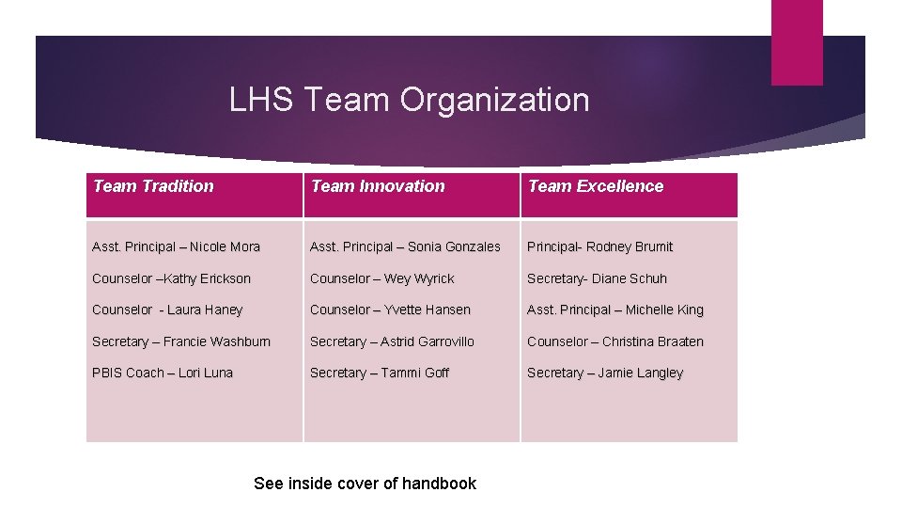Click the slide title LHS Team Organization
410,100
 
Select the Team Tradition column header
153,186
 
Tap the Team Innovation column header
378,186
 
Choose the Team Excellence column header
596,186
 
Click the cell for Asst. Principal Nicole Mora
177,246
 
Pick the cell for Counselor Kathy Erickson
172,278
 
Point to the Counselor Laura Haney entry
167,310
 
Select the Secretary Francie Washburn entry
181,341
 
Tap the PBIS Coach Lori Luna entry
163,373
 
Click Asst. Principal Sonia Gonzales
405,246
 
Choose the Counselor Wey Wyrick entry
382,278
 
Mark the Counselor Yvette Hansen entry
390,310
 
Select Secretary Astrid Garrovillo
392,341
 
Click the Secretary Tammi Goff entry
380,373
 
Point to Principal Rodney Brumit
600,246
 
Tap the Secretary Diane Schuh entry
598,278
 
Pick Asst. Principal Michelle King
615,310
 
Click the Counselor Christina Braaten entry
615,341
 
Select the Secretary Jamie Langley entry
605,373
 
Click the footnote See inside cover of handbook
365,484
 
